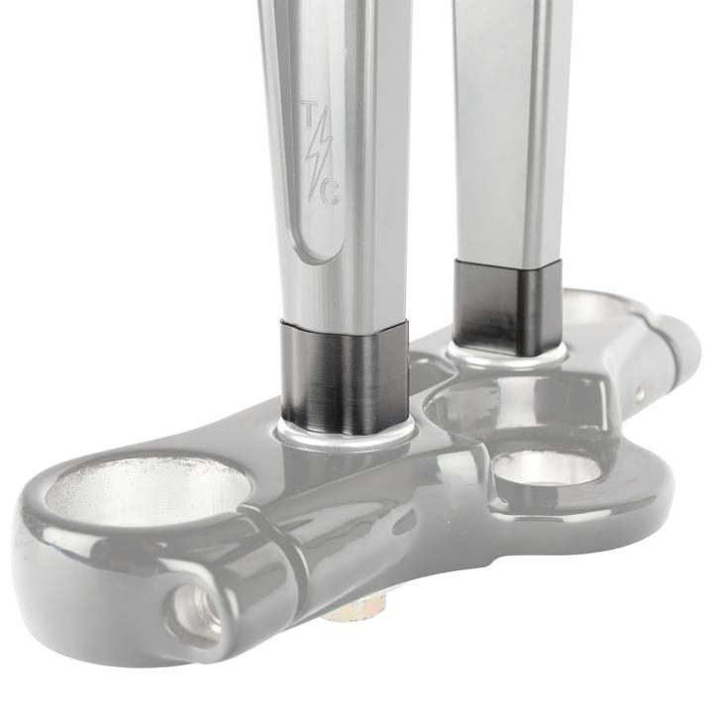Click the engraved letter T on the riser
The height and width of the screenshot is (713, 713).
[x=308, y=110]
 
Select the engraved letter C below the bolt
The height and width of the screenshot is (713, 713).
[x=330, y=194]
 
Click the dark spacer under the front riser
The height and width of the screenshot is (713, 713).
[x=345, y=377]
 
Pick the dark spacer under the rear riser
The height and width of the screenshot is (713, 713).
[x=507, y=308]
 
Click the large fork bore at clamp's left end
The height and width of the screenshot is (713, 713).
[x=149, y=495]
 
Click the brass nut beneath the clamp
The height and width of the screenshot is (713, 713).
[x=354, y=608]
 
